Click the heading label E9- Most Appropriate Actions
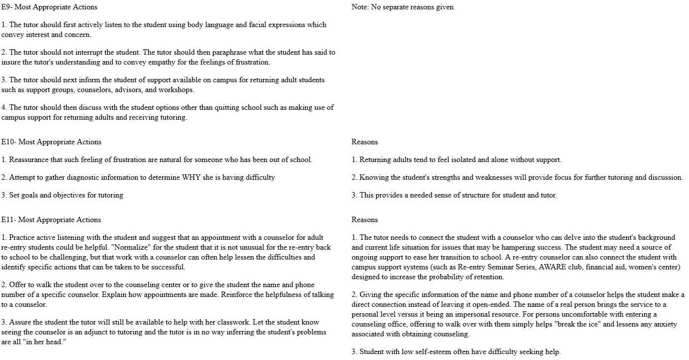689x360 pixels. [49, 7]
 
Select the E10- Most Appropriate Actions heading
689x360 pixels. [51, 142]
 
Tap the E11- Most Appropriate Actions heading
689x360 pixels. [51, 220]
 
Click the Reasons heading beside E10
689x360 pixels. [364, 142]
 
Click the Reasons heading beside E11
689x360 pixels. [364, 220]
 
